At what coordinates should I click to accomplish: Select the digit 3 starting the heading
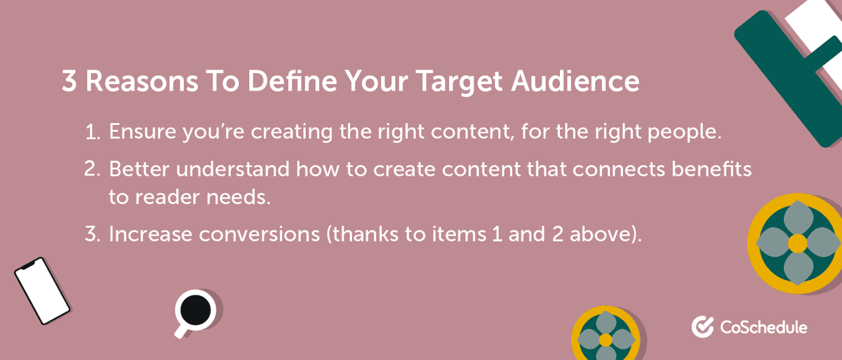point(69,83)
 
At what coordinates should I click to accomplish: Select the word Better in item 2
point(133,171)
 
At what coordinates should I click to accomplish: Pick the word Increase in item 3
point(142,234)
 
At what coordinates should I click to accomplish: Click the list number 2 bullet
point(94,171)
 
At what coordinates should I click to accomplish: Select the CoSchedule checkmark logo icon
point(702,326)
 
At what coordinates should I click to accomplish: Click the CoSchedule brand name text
point(763,327)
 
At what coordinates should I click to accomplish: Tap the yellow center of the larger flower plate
point(798,244)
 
